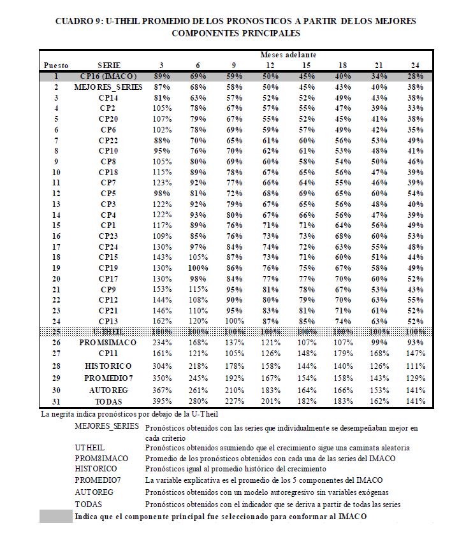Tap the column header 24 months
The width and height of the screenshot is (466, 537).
416,65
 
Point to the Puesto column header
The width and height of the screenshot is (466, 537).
56,65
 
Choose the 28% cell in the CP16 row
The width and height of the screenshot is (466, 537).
416,76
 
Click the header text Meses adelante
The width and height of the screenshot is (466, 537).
288,55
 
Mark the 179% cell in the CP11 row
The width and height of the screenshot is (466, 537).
342,353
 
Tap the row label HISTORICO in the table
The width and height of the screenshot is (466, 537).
108,366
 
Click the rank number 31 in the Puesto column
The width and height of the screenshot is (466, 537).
56,401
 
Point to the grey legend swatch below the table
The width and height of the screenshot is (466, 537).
56,517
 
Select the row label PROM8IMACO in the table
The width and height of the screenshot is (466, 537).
108,343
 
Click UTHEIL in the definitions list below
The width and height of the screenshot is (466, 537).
90,447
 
